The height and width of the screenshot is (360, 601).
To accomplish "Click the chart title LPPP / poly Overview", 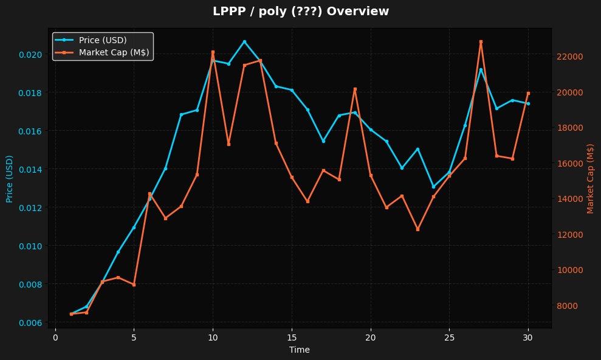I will [300, 11].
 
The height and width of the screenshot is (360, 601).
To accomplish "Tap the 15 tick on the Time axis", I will [292, 337].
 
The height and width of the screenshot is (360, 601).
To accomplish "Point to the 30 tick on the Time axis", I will [528, 337].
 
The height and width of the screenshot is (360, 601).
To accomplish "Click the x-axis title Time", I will [300, 350].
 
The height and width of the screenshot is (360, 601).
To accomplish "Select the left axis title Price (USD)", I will [9, 178].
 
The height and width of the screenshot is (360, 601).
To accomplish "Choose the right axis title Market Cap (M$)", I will [590, 178].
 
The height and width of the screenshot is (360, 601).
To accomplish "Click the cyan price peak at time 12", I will [244, 42].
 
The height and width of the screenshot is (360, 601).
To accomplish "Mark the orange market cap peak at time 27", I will [481, 42].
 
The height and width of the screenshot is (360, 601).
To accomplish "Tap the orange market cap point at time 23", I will [417, 229].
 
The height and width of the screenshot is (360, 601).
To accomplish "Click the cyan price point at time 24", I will [433, 187].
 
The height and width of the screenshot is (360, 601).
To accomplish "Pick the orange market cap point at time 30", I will [528, 93].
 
